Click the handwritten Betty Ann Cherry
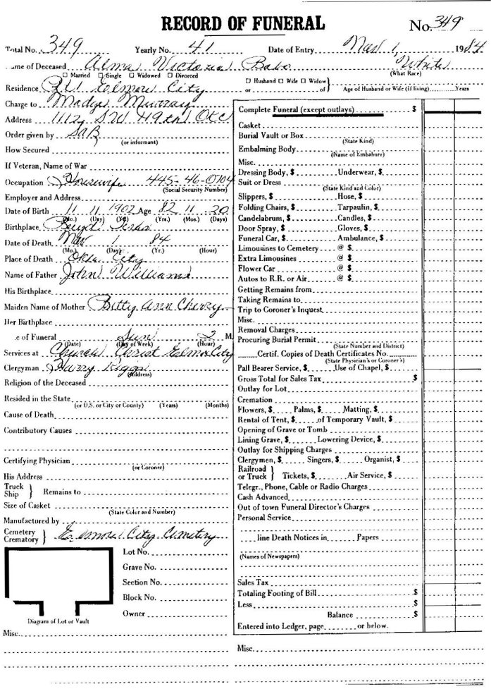pyautogui.click(x=148, y=305)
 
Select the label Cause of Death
pyautogui.click(x=30, y=414)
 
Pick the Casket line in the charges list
pyautogui.click(x=251, y=125)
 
